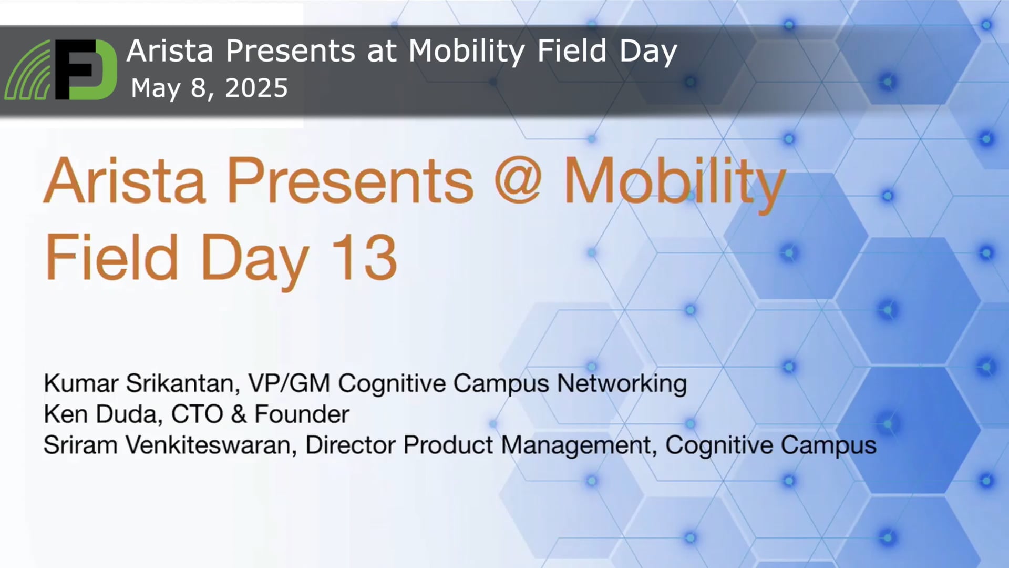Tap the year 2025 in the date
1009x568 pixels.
[x=256, y=88]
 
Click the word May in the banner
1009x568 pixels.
[x=156, y=88]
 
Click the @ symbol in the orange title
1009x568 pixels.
[x=518, y=180]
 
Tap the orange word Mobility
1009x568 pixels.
[x=675, y=182]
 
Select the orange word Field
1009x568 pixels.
[x=112, y=257]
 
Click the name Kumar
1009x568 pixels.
[x=80, y=383]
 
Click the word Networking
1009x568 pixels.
[x=622, y=384]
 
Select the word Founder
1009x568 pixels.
[x=302, y=414]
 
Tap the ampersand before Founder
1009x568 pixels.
[x=239, y=414]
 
